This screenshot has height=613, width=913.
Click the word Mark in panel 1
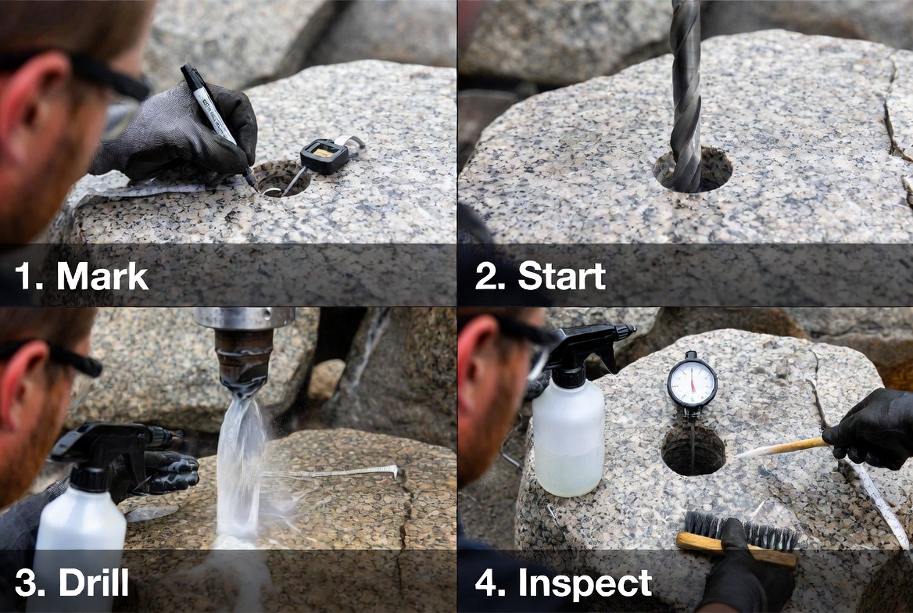[x=102, y=277]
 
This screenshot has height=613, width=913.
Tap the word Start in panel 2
[x=561, y=277]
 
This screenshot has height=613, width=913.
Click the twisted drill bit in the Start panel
[x=686, y=94]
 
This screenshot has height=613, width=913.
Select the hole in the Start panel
[x=693, y=170]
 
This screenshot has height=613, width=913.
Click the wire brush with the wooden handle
[x=739, y=540]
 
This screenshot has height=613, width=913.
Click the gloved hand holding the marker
[x=184, y=133]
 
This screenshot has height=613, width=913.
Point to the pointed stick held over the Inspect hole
[x=782, y=448]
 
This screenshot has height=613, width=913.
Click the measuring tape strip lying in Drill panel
[x=336, y=473]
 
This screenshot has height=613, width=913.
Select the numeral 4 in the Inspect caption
[x=486, y=583]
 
